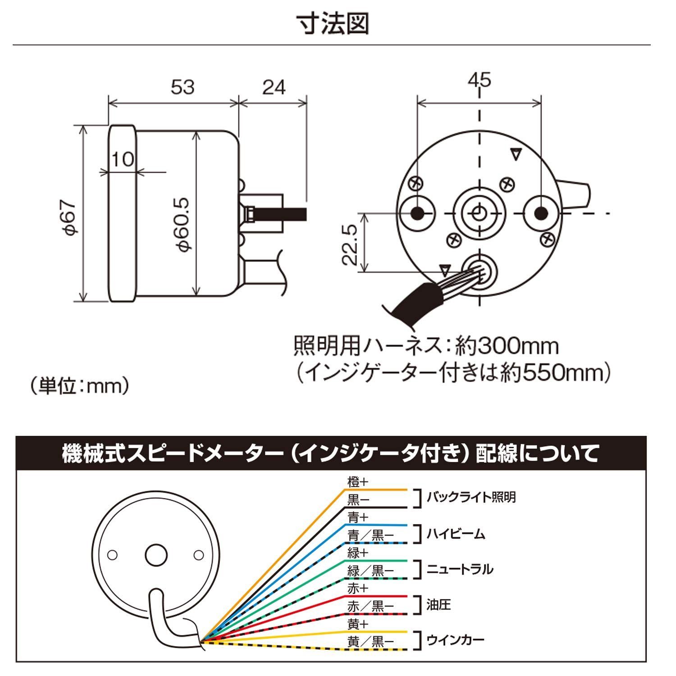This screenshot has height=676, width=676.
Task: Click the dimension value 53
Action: pyautogui.click(x=183, y=87)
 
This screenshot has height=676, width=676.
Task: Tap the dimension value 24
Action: pyautogui.click(x=274, y=87)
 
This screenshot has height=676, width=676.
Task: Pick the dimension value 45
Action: pyautogui.click(x=479, y=80)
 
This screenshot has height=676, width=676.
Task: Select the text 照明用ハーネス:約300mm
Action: pyautogui.click(x=426, y=346)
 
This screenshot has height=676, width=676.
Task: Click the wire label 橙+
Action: pyautogui.click(x=357, y=481)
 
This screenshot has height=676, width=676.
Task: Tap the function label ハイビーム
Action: pyautogui.click(x=456, y=534)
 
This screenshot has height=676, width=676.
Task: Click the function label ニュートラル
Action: pyautogui.click(x=460, y=569)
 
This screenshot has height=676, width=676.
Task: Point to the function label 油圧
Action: pyautogui.click(x=438, y=604)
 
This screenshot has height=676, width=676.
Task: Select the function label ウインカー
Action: pyautogui.click(x=455, y=639)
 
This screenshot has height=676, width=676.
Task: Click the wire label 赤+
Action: pyautogui.click(x=357, y=588)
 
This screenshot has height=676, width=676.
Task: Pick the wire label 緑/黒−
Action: pyautogui.click(x=370, y=571)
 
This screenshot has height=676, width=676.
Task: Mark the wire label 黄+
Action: pyautogui.click(x=357, y=624)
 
